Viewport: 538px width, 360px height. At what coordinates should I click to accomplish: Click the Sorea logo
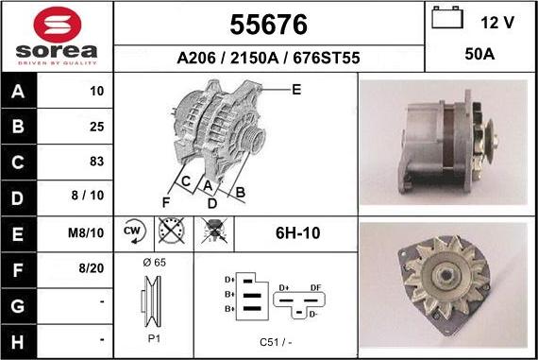click(x=56, y=36)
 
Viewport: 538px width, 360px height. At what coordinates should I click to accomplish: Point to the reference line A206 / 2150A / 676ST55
click(x=268, y=58)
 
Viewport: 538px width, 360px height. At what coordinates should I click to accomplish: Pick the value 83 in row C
click(x=96, y=161)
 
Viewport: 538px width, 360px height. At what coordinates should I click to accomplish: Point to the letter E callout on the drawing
click(x=295, y=91)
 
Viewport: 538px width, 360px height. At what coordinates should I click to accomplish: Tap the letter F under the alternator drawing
click(x=166, y=202)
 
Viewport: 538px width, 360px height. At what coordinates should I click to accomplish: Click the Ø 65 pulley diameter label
click(x=153, y=263)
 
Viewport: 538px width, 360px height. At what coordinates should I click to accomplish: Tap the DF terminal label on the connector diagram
click(x=316, y=287)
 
